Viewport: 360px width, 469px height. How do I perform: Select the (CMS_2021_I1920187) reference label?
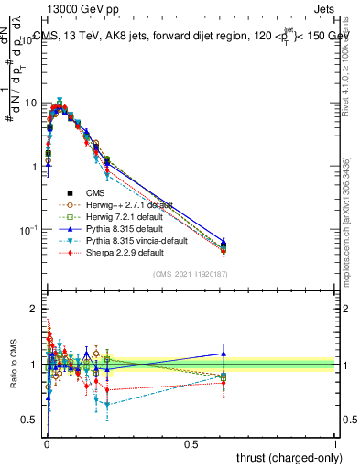coord(190,275)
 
